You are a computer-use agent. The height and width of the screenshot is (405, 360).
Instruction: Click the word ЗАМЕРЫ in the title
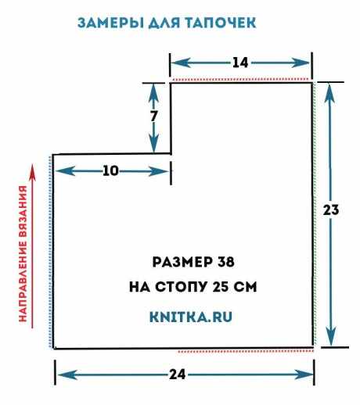click(111, 23)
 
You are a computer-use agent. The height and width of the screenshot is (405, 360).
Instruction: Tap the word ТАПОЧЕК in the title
click(221, 23)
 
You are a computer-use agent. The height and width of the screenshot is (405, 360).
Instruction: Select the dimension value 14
click(240, 63)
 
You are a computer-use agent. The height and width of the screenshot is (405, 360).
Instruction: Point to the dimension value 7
click(153, 116)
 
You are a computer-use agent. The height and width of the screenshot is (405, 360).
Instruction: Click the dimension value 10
click(110, 171)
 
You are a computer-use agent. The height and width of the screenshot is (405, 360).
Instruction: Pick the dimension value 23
click(331, 210)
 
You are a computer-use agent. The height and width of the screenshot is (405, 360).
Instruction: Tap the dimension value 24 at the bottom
click(178, 375)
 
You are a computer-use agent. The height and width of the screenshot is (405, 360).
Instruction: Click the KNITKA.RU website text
click(191, 317)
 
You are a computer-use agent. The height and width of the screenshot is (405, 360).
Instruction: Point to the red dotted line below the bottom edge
click(246, 352)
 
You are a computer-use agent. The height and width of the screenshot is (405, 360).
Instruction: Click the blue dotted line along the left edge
click(50, 252)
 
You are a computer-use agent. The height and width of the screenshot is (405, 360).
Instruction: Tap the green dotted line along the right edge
click(315, 213)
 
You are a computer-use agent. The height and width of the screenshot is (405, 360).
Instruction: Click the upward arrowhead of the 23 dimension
click(330, 92)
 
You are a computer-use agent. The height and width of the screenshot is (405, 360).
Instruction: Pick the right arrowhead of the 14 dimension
click(301, 63)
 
